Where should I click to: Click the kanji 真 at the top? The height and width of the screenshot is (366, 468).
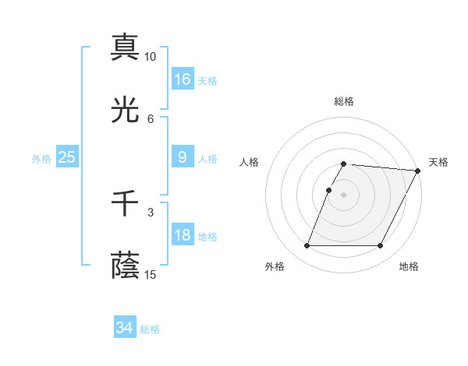point(125,47)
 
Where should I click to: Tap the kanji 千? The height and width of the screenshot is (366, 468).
point(125,203)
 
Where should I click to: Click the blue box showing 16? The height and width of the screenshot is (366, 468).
point(183,79)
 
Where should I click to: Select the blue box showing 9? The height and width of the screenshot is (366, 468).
point(183,157)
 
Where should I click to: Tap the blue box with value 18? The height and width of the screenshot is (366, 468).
point(183,235)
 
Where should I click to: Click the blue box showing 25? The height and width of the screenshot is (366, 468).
point(67,157)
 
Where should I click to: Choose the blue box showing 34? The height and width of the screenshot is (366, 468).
point(125,328)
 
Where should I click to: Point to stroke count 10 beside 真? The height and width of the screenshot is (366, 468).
point(151,57)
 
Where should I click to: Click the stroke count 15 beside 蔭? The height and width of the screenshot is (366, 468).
point(151,275)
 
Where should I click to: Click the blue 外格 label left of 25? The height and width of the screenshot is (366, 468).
point(41,159)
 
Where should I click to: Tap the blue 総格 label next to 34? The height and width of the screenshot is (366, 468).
point(150,329)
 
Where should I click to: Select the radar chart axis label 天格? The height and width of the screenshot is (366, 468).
point(438,162)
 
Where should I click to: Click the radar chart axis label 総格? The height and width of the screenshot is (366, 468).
point(344,101)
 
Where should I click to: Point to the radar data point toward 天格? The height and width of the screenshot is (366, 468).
point(418,171)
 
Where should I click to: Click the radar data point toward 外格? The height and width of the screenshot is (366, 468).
point(307,246)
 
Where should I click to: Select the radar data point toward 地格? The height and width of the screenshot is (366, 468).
point(381,246)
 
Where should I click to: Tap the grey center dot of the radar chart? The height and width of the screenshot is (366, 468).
point(344,195)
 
